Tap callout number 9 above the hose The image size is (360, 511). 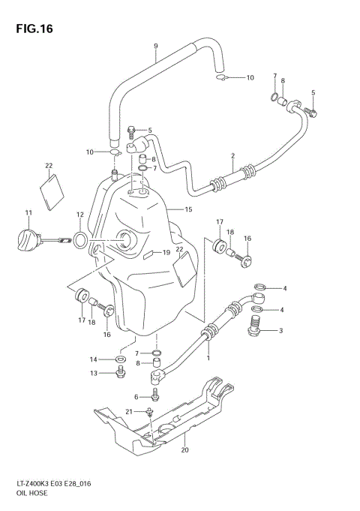coord(155,47)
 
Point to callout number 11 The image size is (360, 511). coord(28,213)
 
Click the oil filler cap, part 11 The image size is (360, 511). coord(28,242)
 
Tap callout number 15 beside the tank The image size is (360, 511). coord(189,209)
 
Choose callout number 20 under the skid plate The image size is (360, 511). coord(184,451)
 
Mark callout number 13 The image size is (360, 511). coord(94,373)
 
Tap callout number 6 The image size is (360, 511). coord(136,397)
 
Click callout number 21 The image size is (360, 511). coord(129,411)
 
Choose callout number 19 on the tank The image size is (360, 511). coord(167,253)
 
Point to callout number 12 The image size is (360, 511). coord(79,215)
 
